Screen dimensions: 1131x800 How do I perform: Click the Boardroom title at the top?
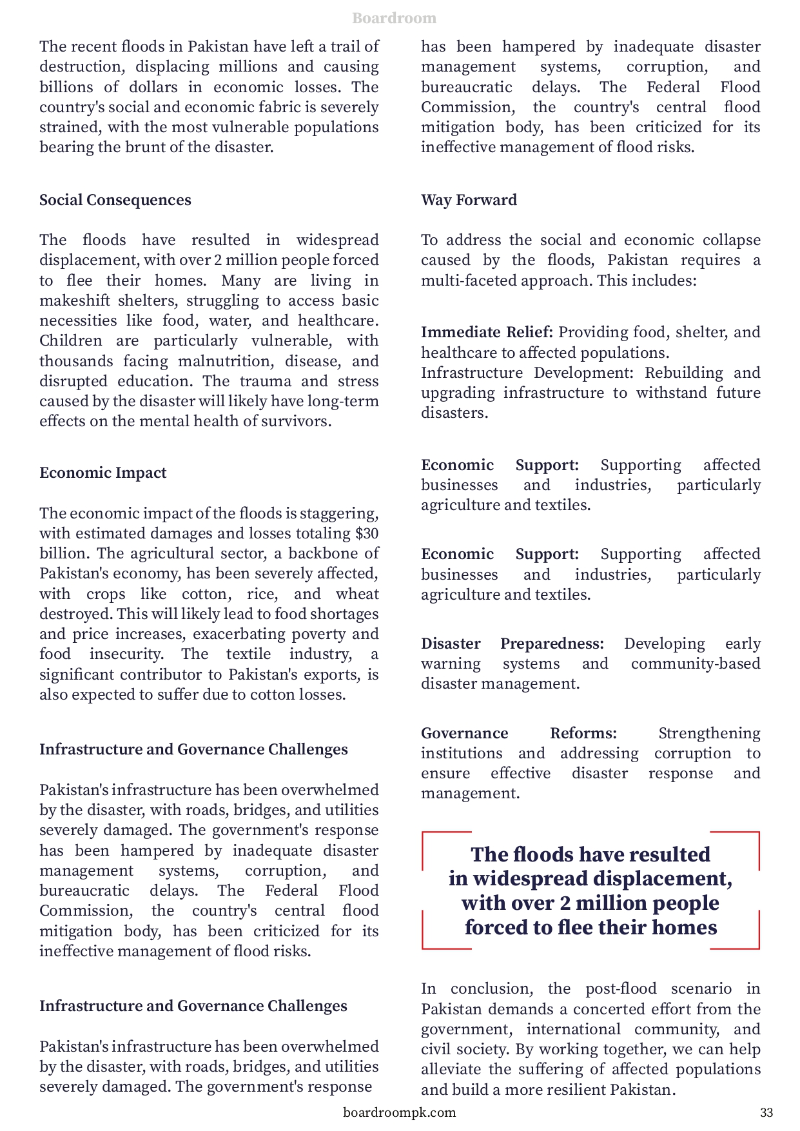tap(394, 18)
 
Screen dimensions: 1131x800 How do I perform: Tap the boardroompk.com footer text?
tap(399, 1112)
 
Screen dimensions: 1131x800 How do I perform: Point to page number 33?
tap(766, 1112)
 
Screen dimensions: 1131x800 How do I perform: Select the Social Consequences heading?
tap(115, 200)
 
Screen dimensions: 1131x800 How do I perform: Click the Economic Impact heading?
tap(102, 473)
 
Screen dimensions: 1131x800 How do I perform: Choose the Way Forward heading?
tap(469, 200)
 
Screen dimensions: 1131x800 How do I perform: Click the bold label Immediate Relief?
tap(487, 332)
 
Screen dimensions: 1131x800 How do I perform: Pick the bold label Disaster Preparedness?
tap(512, 644)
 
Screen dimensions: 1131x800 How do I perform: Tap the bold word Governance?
tap(464, 733)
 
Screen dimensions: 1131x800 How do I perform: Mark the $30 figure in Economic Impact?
tap(367, 533)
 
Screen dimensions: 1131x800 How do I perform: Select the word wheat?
tap(357, 594)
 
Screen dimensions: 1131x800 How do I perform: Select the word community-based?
tap(696, 664)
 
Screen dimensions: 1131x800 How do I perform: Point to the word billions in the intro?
tap(63, 87)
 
